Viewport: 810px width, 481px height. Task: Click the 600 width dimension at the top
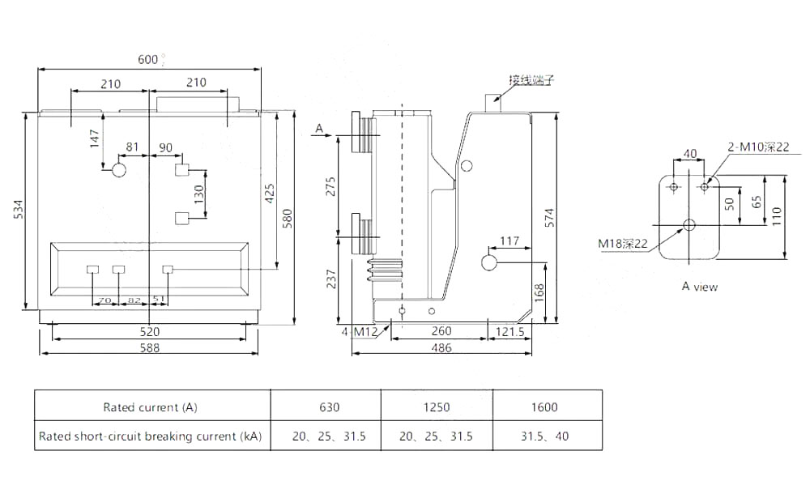tap(147, 59)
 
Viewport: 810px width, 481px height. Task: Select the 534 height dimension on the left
tap(18, 210)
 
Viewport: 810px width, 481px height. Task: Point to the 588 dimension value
tap(149, 347)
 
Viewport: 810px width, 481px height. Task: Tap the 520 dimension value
tap(149, 331)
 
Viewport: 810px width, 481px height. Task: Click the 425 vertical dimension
tap(271, 192)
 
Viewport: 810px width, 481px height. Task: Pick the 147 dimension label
tap(95, 138)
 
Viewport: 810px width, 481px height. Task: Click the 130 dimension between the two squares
tap(198, 194)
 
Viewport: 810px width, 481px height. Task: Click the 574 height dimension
tap(550, 216)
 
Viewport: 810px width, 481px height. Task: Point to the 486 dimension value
tap(441, 347)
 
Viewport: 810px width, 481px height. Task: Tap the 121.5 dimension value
tap(508, 331)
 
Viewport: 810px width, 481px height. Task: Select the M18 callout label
tap(623, 243)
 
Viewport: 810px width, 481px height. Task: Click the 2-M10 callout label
tap(757, 147)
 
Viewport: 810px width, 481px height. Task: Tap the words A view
tap(699, 286)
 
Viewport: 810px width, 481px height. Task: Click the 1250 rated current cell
tap(436, 407)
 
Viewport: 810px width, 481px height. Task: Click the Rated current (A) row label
tap(150, 407)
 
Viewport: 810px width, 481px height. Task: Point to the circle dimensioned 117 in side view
tap(489, 262)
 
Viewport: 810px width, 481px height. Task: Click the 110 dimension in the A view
tap(775, 215)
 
